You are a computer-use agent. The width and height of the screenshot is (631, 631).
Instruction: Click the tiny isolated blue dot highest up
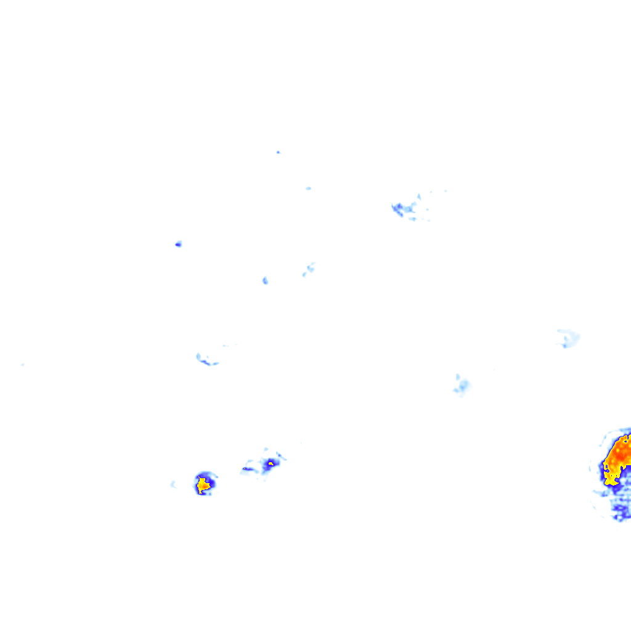[278, 152]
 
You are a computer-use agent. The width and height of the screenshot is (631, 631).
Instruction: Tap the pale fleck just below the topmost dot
[308, 188]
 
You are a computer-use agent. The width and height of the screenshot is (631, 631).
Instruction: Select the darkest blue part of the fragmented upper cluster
[397, 208]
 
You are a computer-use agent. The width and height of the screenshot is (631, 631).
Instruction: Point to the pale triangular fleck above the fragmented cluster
[419, 197]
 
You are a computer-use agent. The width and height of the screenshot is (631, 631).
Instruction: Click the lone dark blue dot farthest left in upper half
[178, 244]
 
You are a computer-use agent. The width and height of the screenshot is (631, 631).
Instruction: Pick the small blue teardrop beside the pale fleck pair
[265, 280]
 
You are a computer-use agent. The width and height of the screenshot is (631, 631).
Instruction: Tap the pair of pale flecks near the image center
[308, 269]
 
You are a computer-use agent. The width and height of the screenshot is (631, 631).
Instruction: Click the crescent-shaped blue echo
[206, 360]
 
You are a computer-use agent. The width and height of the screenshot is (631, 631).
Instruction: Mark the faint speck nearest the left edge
[23, 364]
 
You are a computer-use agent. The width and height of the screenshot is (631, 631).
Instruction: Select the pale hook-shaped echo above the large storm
[567, 338]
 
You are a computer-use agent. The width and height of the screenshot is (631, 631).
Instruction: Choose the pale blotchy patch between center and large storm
[461, 386]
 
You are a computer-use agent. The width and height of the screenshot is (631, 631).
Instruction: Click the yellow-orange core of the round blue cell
[203, 485]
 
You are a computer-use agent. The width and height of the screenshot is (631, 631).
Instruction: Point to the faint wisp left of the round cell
[173, 484]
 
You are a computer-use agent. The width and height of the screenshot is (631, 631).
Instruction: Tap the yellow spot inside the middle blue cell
[270, 463]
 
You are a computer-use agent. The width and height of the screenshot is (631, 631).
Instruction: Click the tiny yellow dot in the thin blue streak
[245, 469]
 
